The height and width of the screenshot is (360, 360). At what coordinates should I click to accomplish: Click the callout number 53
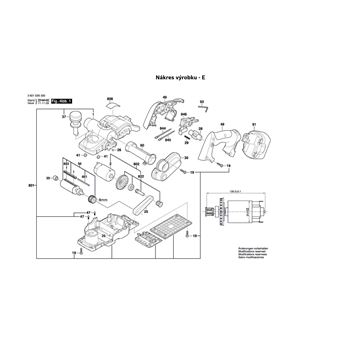(202, 102)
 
